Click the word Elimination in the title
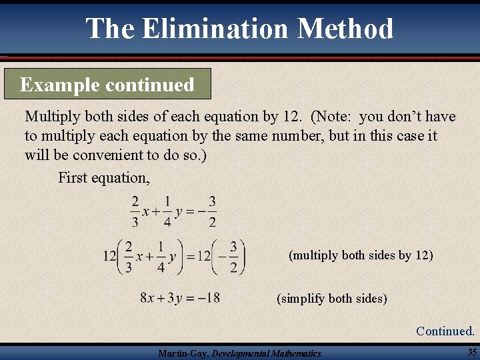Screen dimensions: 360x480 (215, 28)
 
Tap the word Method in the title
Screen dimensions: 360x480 (345, 28)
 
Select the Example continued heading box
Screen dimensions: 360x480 (107, 85)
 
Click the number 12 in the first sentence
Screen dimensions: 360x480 (291, 117)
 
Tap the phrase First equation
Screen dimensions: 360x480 (104, 177)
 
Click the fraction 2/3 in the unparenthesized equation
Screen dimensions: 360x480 (135, 211)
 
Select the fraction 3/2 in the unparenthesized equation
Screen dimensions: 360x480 (212, 211)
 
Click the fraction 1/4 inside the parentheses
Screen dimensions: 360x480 (161, 257)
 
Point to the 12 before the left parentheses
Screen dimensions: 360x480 (110, 257)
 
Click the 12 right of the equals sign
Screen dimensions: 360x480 (203, 257)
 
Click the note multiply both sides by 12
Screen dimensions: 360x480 (361, 255)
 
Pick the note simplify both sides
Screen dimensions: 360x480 (331, 298)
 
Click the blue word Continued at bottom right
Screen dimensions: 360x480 (445, 331)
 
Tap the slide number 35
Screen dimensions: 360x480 (471, 351)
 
